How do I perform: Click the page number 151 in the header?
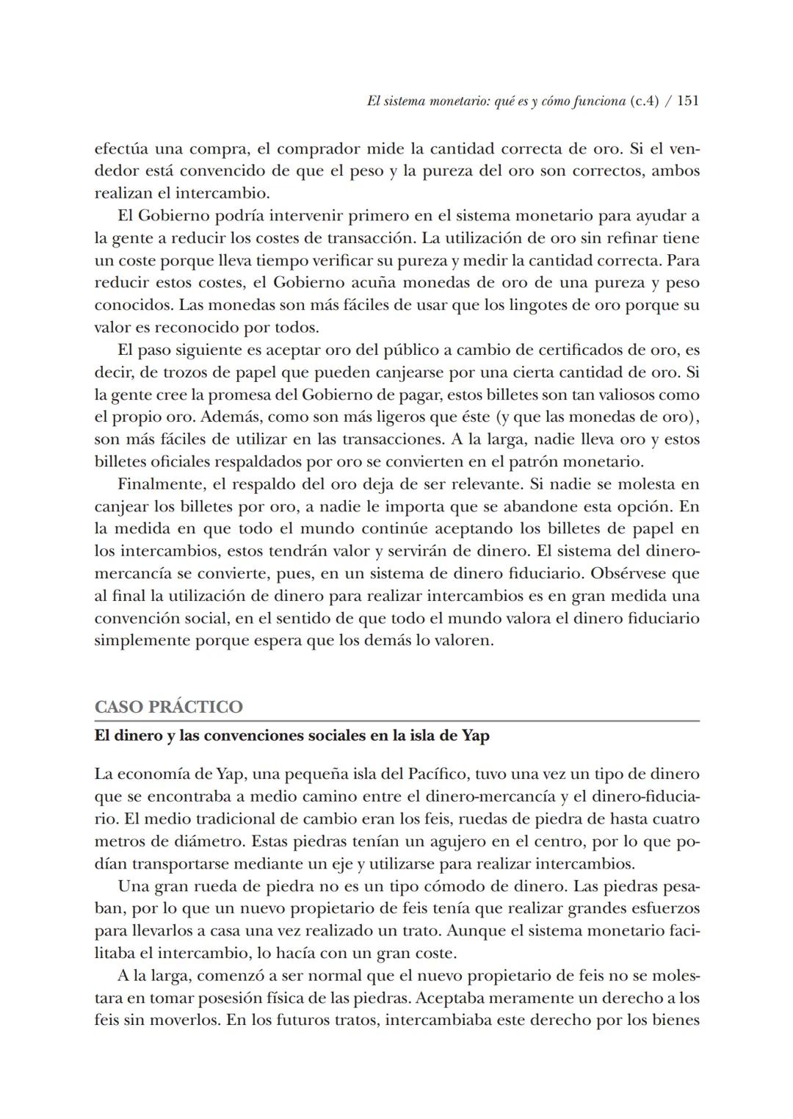coord(687,101)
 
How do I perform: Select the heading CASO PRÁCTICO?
coord(168,707)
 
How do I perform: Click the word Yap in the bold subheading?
coord(475,735)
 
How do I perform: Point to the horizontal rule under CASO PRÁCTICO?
coord(396,721)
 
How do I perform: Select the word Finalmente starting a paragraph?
coord(159,484)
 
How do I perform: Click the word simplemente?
coord(142,640)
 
